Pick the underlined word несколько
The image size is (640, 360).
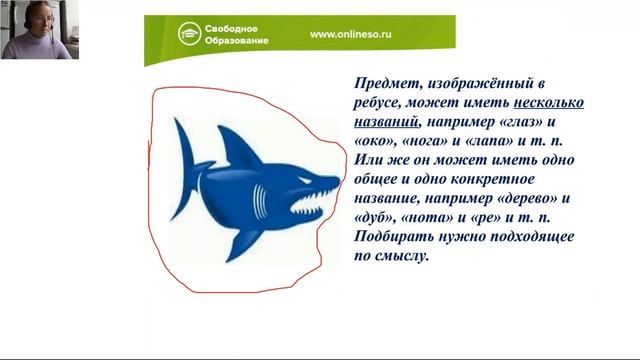pos(549,103)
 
